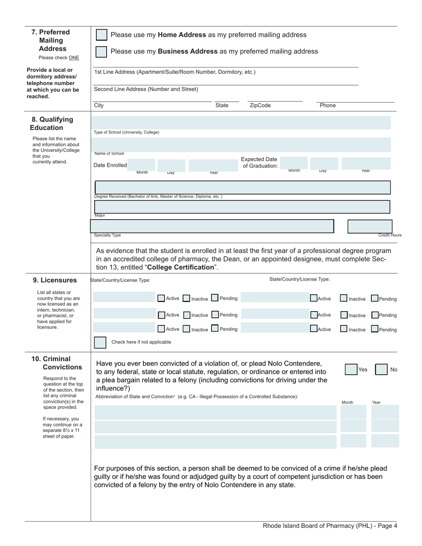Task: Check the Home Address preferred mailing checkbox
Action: coord(101,35)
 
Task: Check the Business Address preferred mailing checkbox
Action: coord(101,51)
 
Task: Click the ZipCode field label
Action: coord(260,106)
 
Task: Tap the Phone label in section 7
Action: coord(327,106)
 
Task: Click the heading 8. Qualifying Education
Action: coord(52,123)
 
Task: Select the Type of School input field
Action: coord(241,123)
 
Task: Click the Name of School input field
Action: coord(241,145)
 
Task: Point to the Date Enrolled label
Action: coord(110,165)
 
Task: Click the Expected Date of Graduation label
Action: coord(259,162)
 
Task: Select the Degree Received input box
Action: coord(243,187)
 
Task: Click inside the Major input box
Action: coord(242,207)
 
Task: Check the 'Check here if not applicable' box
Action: coord(100,342)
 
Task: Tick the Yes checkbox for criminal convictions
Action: coord(351,369)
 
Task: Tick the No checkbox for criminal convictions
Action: coord(381,369)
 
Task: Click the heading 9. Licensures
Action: coord(55,280)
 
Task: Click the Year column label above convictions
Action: coord(376,402)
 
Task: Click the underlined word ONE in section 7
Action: coord(74,58)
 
